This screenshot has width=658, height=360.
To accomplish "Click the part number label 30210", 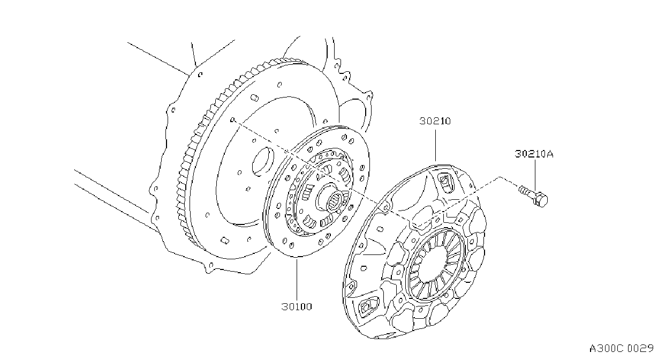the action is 435,121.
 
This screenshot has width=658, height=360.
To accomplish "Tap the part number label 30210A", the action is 534,154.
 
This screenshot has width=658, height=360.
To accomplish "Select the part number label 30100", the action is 297,307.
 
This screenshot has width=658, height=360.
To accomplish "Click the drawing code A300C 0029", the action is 621,349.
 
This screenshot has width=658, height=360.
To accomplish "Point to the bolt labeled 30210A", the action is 533,196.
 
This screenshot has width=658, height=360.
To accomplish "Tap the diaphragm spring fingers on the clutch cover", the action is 435,265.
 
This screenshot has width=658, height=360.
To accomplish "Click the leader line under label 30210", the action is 435,146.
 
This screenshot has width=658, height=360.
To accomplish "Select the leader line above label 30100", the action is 297,280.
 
